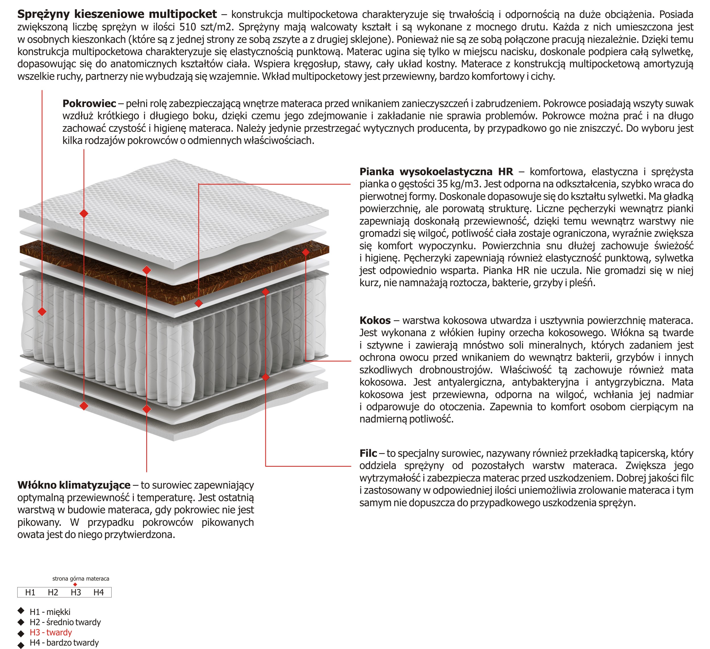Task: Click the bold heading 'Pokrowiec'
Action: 89,104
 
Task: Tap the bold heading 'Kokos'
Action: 375,321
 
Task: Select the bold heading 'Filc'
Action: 368,453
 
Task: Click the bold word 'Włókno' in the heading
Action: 37,485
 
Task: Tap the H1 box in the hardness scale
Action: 30,592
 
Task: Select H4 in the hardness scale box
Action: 99,592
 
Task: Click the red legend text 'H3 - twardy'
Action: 51,633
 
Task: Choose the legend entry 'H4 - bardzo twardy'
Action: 64,643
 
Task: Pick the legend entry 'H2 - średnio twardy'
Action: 65,622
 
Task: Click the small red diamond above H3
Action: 75,585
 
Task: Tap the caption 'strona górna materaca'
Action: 81,579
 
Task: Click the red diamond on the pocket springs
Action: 42,311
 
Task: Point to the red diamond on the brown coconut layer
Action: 306,252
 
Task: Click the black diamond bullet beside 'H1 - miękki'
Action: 21,611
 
